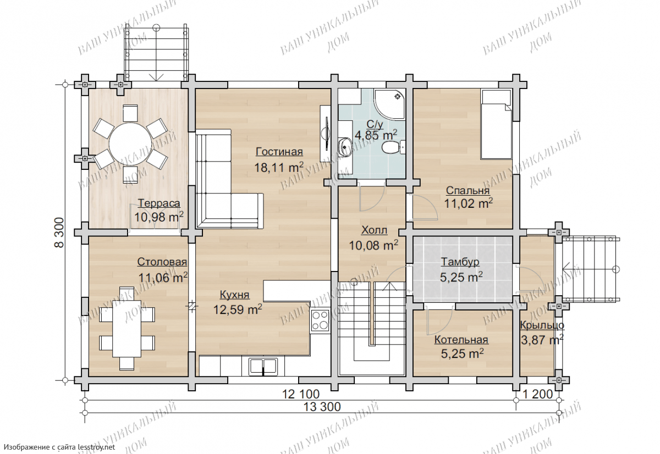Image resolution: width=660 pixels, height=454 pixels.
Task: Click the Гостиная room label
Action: click(x=279, y=152)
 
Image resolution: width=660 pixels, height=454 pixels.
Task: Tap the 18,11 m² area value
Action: click(x=279, y=167)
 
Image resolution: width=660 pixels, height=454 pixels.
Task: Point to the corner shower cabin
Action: click(x=389, y=104)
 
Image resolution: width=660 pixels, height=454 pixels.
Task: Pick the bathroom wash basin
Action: click(x=345, y=146)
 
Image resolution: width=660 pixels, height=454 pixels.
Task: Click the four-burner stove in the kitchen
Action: click(x=320, y=320)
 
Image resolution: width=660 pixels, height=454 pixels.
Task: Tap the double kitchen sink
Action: click(x=263, y=367)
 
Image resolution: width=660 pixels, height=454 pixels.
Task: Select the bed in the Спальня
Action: click(x=496, y=124)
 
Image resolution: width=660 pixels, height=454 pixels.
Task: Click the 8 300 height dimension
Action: click(x=59, y=232)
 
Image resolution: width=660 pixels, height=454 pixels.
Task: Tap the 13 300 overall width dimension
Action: click(x=322, y=407)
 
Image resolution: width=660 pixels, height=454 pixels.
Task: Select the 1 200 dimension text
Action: click(x=538, y=394)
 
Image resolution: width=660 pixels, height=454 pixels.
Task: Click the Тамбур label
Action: click(x=460, y=262)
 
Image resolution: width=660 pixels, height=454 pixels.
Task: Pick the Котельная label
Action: click(x=461, y=340)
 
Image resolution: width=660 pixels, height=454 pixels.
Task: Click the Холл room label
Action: click(x=374, y=230)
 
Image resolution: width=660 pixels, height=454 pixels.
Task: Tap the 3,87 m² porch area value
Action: click(x=542, y=340)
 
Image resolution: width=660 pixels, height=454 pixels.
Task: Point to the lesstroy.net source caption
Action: click(x=59, y=447)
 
